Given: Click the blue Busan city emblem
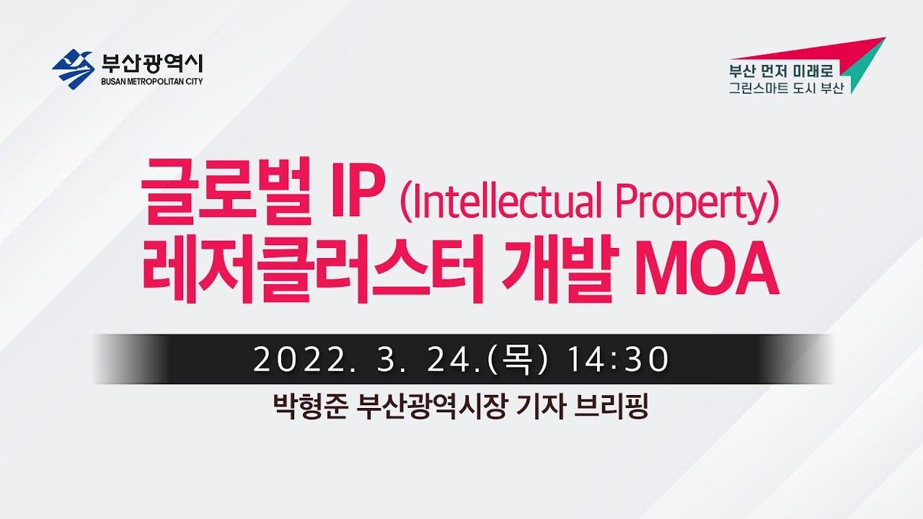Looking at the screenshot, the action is pos(73,69).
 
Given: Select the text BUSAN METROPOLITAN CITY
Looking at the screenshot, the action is pos(152,81).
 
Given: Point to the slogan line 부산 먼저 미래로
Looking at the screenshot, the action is pos(781,71).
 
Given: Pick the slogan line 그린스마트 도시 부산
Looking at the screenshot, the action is pos(787,88).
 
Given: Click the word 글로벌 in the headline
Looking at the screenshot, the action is pos(226,191).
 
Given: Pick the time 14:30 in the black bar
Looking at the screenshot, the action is pos(618,360).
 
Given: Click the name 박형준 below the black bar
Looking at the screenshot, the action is pos(310,407).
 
